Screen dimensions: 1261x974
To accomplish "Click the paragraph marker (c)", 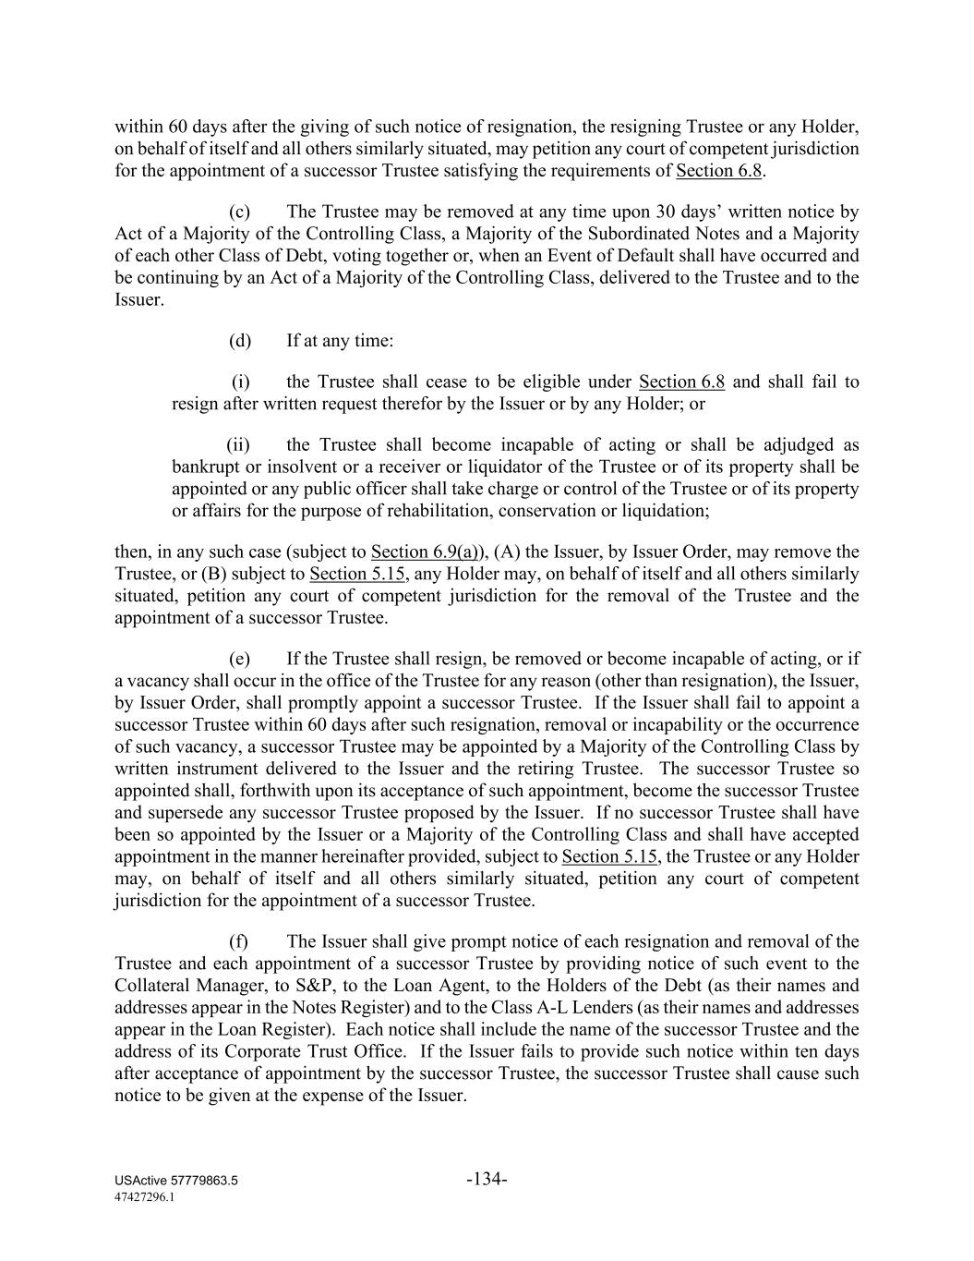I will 239,212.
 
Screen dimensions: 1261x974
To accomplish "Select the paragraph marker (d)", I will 240,341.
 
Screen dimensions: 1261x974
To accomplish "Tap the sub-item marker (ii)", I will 238,445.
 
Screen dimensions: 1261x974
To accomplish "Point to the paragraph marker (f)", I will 238,941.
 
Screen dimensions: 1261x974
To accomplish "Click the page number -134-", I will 487,1179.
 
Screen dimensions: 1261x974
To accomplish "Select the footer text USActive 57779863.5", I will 176,1181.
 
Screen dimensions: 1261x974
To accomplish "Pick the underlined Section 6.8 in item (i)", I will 681,382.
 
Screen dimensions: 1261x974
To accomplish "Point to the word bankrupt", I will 206,467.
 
